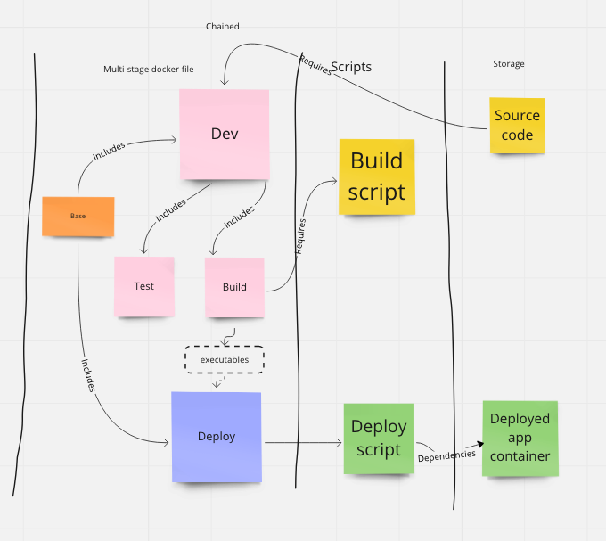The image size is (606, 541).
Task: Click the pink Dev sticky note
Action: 225,134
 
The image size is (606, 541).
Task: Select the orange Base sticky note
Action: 78,217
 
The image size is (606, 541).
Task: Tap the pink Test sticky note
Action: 143,286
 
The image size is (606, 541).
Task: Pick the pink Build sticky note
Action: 234,287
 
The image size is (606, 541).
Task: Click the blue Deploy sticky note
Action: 217,436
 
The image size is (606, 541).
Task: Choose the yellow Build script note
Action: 376,176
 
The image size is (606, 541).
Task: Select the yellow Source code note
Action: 517,126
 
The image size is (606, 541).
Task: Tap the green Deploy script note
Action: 379,439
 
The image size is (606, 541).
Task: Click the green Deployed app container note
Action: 520,438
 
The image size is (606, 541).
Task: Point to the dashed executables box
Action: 225,359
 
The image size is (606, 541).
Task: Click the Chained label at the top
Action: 222,27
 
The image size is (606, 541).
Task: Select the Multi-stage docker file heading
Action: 148,69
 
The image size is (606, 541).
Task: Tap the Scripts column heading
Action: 351,67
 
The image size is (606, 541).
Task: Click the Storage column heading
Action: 509,64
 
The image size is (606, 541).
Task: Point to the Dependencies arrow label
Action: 446,456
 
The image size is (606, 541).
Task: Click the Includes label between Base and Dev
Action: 109,152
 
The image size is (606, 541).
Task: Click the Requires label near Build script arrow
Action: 300,236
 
